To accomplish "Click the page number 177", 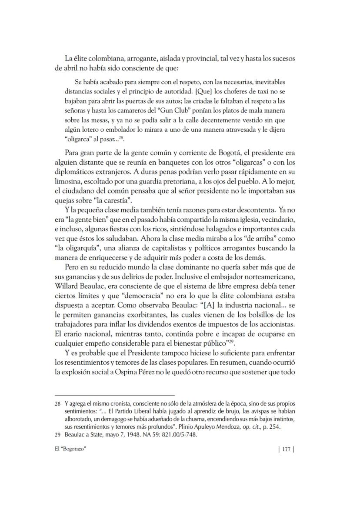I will click(286, 450).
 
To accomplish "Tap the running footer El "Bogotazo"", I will click(70, 450).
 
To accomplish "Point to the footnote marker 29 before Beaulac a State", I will click(57, 434).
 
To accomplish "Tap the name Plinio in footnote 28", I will click(201, 427).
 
